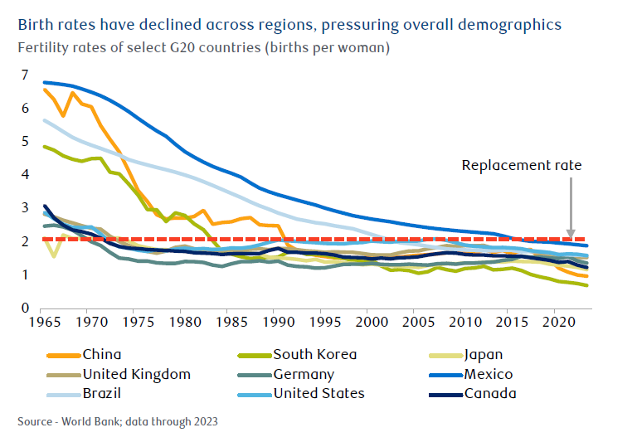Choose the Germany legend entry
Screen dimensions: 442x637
point(303,374)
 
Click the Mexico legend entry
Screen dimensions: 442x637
point(489,374)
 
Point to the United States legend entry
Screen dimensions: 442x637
point(318,393)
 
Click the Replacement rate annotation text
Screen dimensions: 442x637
point(522,165)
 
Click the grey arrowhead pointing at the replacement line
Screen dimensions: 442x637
point(571,233)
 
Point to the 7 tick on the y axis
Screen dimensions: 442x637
point(26,75)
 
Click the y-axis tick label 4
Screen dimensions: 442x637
point(26,175)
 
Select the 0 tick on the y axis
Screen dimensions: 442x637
point(26,308)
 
